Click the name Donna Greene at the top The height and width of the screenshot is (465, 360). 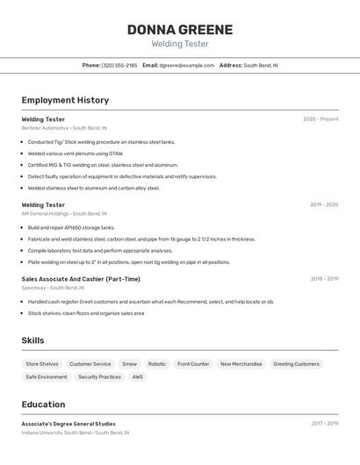click(x=179, y=30)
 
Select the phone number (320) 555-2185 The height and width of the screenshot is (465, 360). click(x=119, y=65)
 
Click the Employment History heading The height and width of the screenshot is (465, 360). click(x=65, y=100)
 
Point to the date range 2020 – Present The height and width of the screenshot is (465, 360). click(x=320, y=119)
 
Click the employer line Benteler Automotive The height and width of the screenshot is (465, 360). click(x=64, y=128)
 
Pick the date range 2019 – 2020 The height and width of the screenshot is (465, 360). click(x=324, y=204)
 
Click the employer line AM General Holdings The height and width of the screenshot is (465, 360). click(x=64, y=213)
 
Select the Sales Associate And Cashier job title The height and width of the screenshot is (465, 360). click(x=81, y=279)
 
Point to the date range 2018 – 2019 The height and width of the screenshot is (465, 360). click(x=324, y=279)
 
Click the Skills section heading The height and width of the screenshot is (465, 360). click(x=32, y=340)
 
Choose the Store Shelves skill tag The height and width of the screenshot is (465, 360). click(x=42, y=364)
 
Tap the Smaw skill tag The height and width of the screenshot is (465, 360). click(x=129, y=364)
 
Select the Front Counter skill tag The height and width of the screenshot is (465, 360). click(x=193, y=364)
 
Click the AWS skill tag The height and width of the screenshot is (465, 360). click(x=138, y=377)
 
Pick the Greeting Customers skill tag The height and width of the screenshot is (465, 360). click(x=296, y=364)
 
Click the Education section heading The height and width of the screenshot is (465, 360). click(x=43, y=404)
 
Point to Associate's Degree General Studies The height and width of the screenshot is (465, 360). click(x=68, y=424)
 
